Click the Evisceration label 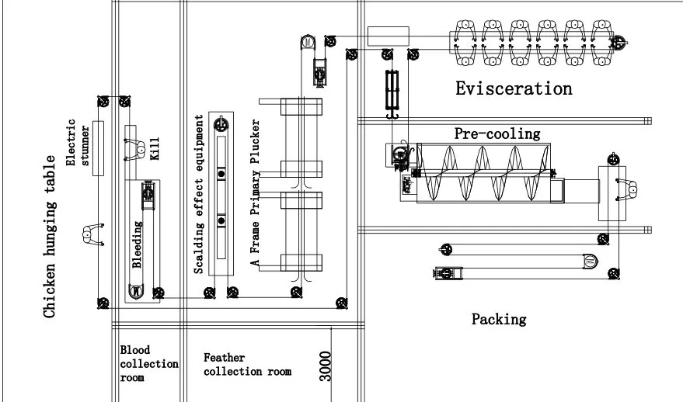[514, 88]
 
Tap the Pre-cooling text [497, 133]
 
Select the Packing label [499, 319]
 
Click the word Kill [154, 147]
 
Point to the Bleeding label [137, 245]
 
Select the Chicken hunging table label [50, 237]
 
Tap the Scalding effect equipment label [199, 194]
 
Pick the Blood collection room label [148, 364]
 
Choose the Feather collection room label [247, 365]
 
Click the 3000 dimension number [325, 366]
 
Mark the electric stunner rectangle [98, 148]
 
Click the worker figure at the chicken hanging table [92, 232]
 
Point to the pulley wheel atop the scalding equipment [222, 123]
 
